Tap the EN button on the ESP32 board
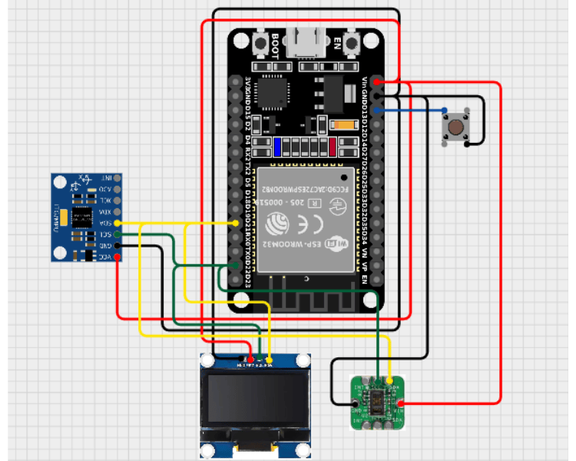pos(353,41)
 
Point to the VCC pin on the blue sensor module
pos(117,257)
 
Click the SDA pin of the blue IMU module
pos(117,223)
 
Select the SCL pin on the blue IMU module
pos(117,234)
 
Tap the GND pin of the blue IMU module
pos(117,246)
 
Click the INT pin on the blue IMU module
pos(117,177)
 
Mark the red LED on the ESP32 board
pos(333,146)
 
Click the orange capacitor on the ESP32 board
pos(339,125)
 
